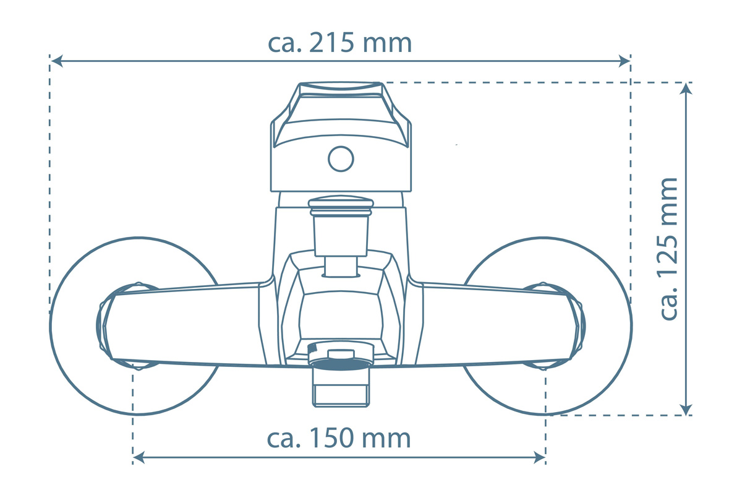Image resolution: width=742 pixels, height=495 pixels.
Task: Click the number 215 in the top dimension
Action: click(x=331, y=43)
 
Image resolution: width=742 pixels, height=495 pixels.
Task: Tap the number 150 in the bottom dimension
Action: click(x=331, y=438)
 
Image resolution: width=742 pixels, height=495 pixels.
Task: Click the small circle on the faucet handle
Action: click(x=341, y=159)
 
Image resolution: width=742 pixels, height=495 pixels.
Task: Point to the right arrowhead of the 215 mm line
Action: click(x=625, y=61)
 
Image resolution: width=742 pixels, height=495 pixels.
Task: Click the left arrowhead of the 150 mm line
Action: click(x=139, y=457)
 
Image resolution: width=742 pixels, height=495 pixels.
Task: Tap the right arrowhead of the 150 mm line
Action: click(x=539, y=457)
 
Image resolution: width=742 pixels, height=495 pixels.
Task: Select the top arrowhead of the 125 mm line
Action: click(x=686, y=88)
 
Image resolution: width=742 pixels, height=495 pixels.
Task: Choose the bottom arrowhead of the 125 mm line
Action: click(x=686, y=410)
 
